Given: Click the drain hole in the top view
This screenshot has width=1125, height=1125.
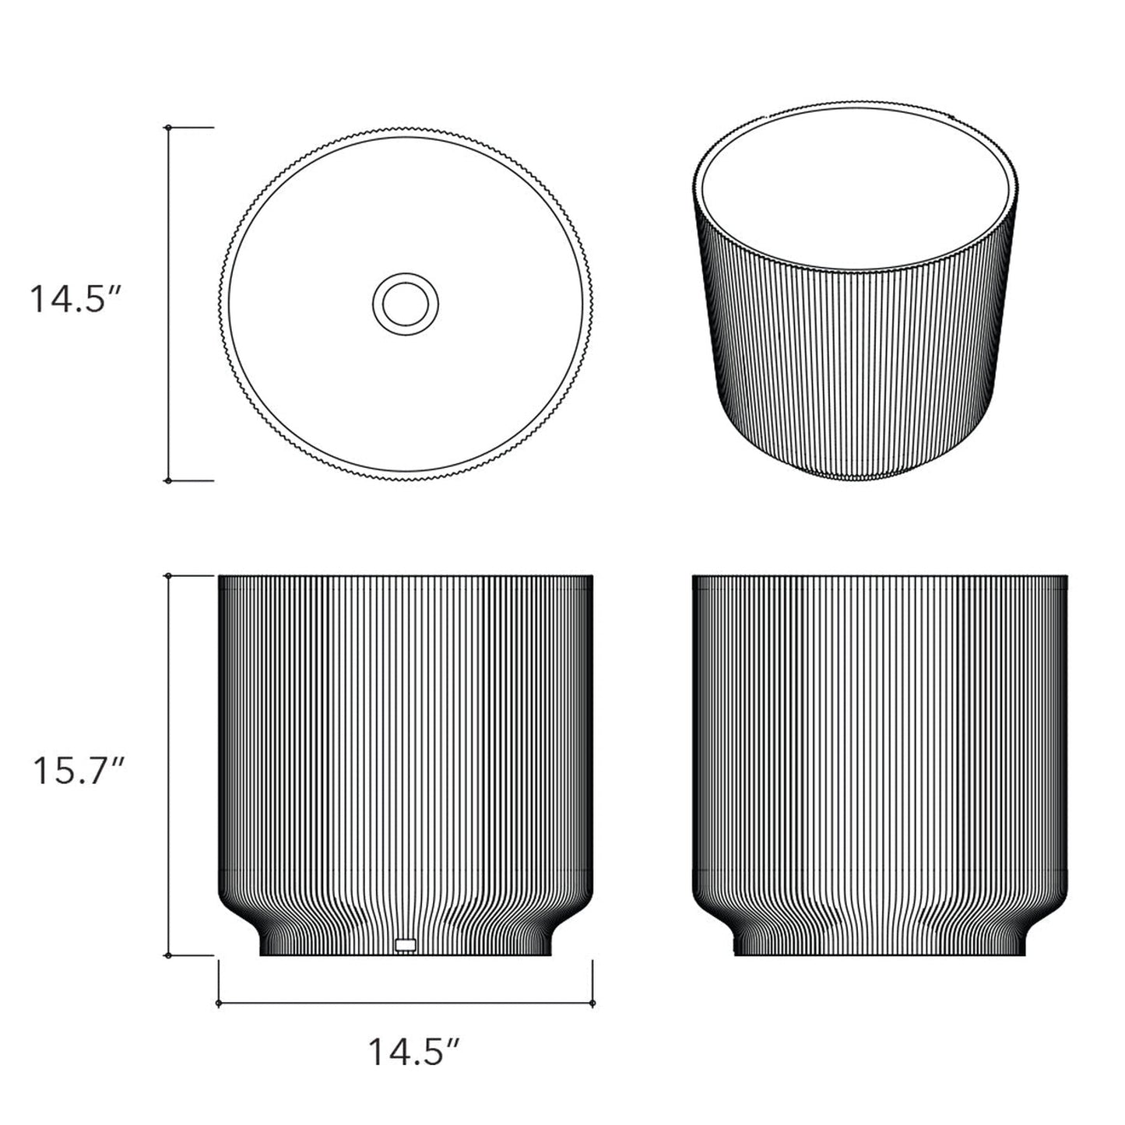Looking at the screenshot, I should click(x=406, y=304).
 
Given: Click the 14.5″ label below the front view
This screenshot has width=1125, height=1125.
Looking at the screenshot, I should click(x=415, y=1053).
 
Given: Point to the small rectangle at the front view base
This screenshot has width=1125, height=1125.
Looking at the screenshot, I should click(x=406, y=944).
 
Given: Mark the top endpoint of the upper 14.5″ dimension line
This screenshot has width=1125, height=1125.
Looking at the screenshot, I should click(x=168, y=127).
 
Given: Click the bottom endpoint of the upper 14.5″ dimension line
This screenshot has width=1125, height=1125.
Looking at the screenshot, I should click(x=168, y=480).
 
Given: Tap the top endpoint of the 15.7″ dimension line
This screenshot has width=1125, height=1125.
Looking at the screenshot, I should click(x=168, y=576).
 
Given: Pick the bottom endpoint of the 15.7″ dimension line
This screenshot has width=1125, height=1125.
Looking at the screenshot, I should click(x=168, y=955).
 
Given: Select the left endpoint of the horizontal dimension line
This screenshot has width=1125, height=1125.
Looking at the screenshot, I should click(x=219, y=1004).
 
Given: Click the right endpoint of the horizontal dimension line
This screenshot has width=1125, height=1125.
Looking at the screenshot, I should click(x=593, y=1004).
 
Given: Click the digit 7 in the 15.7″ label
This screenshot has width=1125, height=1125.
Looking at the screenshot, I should click(x=96, y=771).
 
